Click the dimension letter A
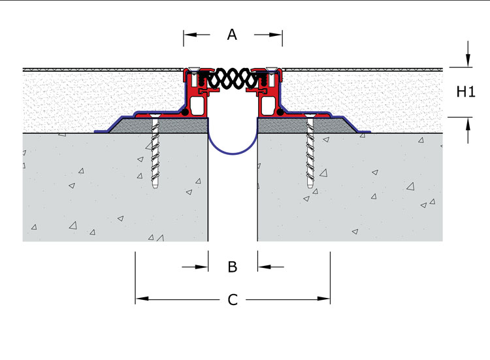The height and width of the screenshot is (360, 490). [x=232, y=35]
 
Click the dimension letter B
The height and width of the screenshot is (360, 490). [x=233, y=267]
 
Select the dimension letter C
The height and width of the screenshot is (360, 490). [x=233, y=300]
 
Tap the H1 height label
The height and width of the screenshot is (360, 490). [x=466, y=92]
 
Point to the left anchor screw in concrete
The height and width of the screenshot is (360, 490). [x=155, y=152]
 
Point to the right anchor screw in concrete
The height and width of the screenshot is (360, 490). [x=310, y=152]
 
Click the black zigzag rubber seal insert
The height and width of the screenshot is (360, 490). [x=232, y=78]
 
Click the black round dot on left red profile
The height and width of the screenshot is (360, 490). [x=185, y=112]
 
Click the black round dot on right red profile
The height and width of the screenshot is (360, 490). [x=280, y=112]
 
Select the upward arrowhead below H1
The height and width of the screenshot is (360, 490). [x=468, y=125]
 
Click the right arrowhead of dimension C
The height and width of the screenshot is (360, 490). [x=323, y=299]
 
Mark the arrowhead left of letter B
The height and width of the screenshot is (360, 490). [x=201, y=267]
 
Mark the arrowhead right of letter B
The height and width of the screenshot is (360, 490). [x=265, y=267]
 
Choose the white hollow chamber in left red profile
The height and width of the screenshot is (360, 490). [x=197, y=106]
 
